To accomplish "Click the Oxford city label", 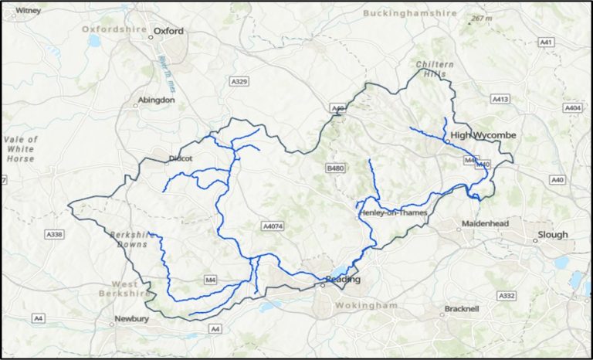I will pos(168,32).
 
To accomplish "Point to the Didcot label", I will pos(179,158).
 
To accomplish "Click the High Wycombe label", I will pos(483,135).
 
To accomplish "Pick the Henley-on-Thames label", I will pos(392,212).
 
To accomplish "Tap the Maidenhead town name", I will pos(484,223).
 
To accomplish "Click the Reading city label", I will pos(343,279).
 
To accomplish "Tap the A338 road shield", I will pos(53,233).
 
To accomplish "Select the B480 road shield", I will pos(334,168).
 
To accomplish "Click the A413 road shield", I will pos(500,100).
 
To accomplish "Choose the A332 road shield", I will pos(507,296).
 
